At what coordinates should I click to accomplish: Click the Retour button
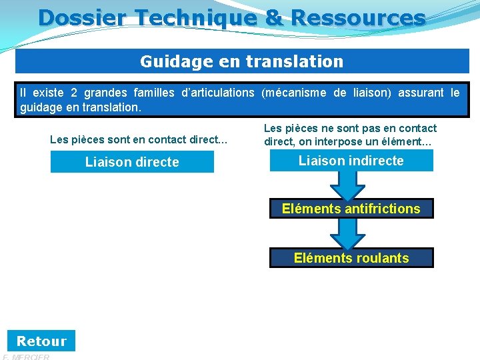click(x=41, y=341)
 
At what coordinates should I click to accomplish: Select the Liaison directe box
click(x=132, y=162)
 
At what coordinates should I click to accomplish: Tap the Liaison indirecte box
click(x=351, y=161)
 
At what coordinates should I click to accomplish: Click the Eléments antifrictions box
click(x=351, y=209)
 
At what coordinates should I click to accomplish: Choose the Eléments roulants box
click(x=351, y=258)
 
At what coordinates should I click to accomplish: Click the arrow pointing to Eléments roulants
click(x=351, y=233)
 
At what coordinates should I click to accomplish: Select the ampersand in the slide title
click(x=274, y=17)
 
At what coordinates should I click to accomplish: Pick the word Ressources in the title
click(x=357, y=17)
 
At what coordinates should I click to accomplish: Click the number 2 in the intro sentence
click(x=74, y=93)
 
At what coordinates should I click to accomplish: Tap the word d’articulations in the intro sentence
click(x=219, y=93)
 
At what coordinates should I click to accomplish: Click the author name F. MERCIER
click(x=27, y=357)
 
